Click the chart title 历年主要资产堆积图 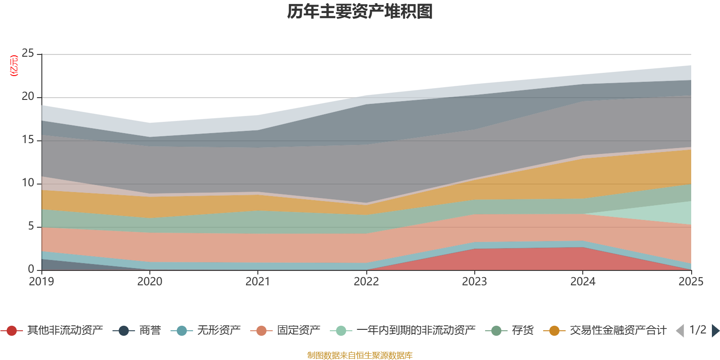(x=360, y=12)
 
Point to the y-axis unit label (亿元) (x=14, y=66)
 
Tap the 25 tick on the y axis (x=28, y=54)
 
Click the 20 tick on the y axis (x=28, y=97)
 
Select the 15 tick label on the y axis (x=28, y=140)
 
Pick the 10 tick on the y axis (x=28, y=183)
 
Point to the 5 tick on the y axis (x=31, y=226)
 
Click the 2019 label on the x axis (x=41, y=282)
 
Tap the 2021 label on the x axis (x=258, y=282)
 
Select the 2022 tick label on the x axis (x=366, y=282)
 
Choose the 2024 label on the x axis (x=583, y=282)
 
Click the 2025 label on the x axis (x=691, y=282)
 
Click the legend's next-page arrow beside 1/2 (x=715, y=331)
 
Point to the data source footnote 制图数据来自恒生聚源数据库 (x=360, y=355)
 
